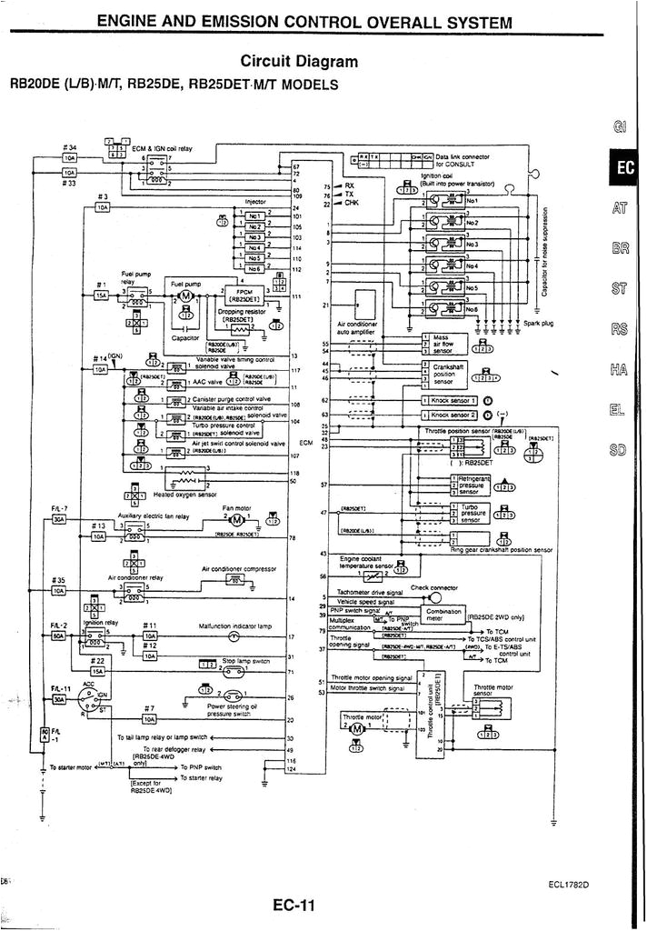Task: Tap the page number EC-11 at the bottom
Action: pos(294,905)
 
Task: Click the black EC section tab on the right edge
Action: pos(627,168)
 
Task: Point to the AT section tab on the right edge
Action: pos(620,208)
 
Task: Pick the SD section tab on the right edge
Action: pos(620,450)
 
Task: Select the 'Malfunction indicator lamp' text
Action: pos(234,626)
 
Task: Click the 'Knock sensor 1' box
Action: pos(451,400)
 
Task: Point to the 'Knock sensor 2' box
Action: pos(451,415)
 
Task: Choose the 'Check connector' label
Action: pos(434,587)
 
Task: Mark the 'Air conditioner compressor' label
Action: pos(238,569)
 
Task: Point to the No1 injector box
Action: pos(255,216)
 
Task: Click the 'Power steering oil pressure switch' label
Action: pos(232,710)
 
